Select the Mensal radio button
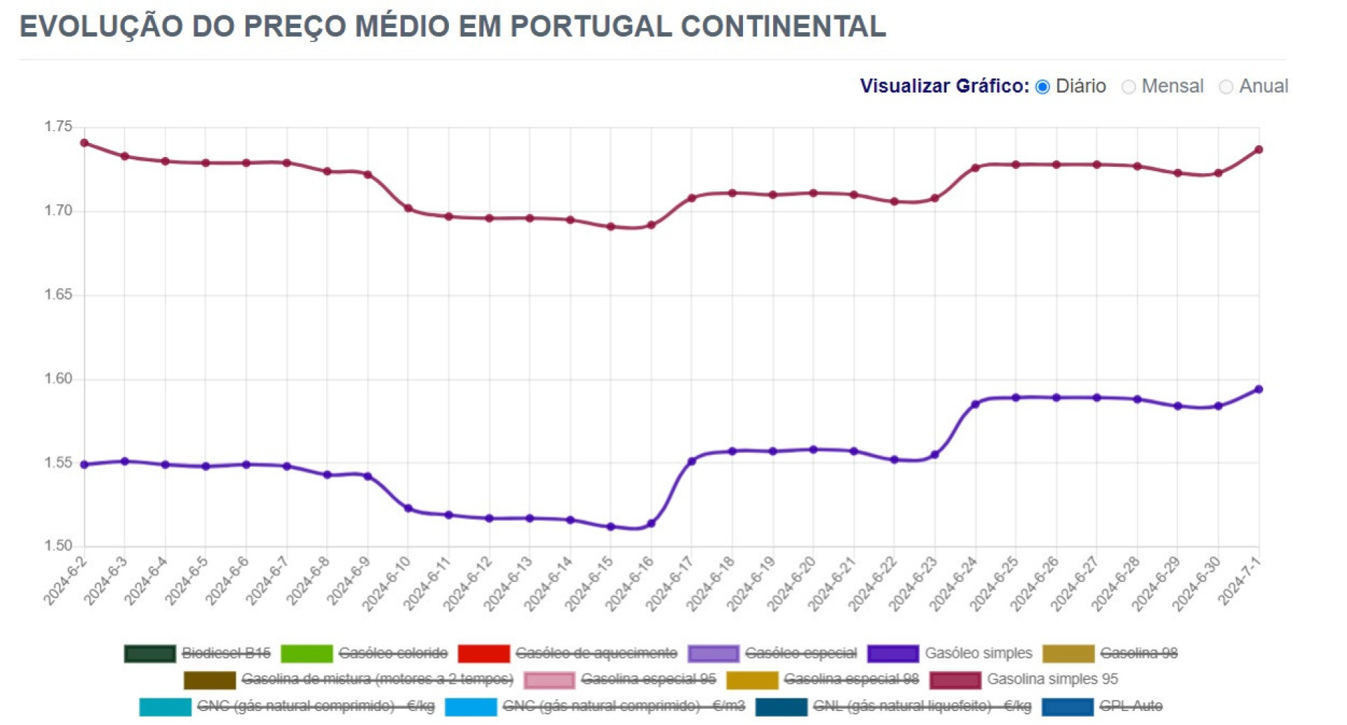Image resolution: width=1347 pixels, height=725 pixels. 1128,86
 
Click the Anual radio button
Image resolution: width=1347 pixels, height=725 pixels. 1226,86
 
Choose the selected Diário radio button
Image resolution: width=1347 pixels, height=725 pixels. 1043,86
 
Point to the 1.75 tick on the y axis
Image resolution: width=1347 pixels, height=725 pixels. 58,127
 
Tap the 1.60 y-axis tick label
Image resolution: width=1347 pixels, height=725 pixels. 58,379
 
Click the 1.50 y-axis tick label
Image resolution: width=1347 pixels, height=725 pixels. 58,546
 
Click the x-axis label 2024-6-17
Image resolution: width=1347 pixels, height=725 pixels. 669,583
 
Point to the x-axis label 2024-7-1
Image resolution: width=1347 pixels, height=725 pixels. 1239,581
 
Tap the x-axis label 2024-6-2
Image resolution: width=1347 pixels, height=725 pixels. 65,581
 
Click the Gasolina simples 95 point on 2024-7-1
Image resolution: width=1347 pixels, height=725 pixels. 1259,149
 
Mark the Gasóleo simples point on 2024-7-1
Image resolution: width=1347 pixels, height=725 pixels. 1259,389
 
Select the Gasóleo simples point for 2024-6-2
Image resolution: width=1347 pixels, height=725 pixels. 84,465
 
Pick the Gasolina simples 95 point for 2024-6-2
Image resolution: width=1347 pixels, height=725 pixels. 84,143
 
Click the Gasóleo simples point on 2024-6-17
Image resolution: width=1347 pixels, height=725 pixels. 692,461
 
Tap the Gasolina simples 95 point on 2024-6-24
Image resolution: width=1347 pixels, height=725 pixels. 975,168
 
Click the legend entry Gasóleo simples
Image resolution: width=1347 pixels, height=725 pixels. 978,653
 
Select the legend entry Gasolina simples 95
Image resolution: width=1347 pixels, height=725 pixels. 1052,679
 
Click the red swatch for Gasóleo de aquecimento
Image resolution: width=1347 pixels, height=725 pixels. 483,653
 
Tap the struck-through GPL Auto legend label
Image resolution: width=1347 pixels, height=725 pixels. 1130,706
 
